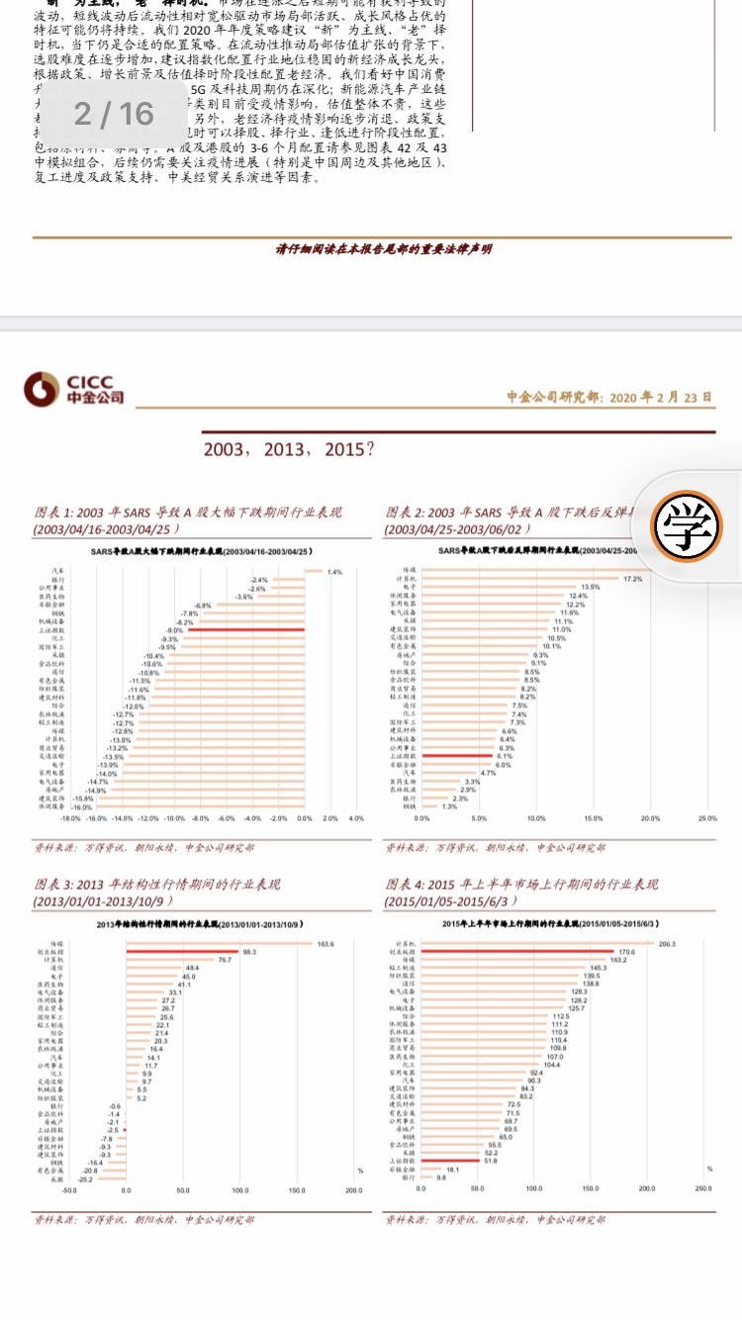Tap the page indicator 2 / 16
point(115,115)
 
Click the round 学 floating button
point(693,524)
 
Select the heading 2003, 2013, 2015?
point(289,449)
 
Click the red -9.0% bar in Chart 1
point(245,630)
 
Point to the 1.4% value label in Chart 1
point(335,572)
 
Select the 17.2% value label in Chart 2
point(633,579)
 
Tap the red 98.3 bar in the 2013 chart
point(183,952)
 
